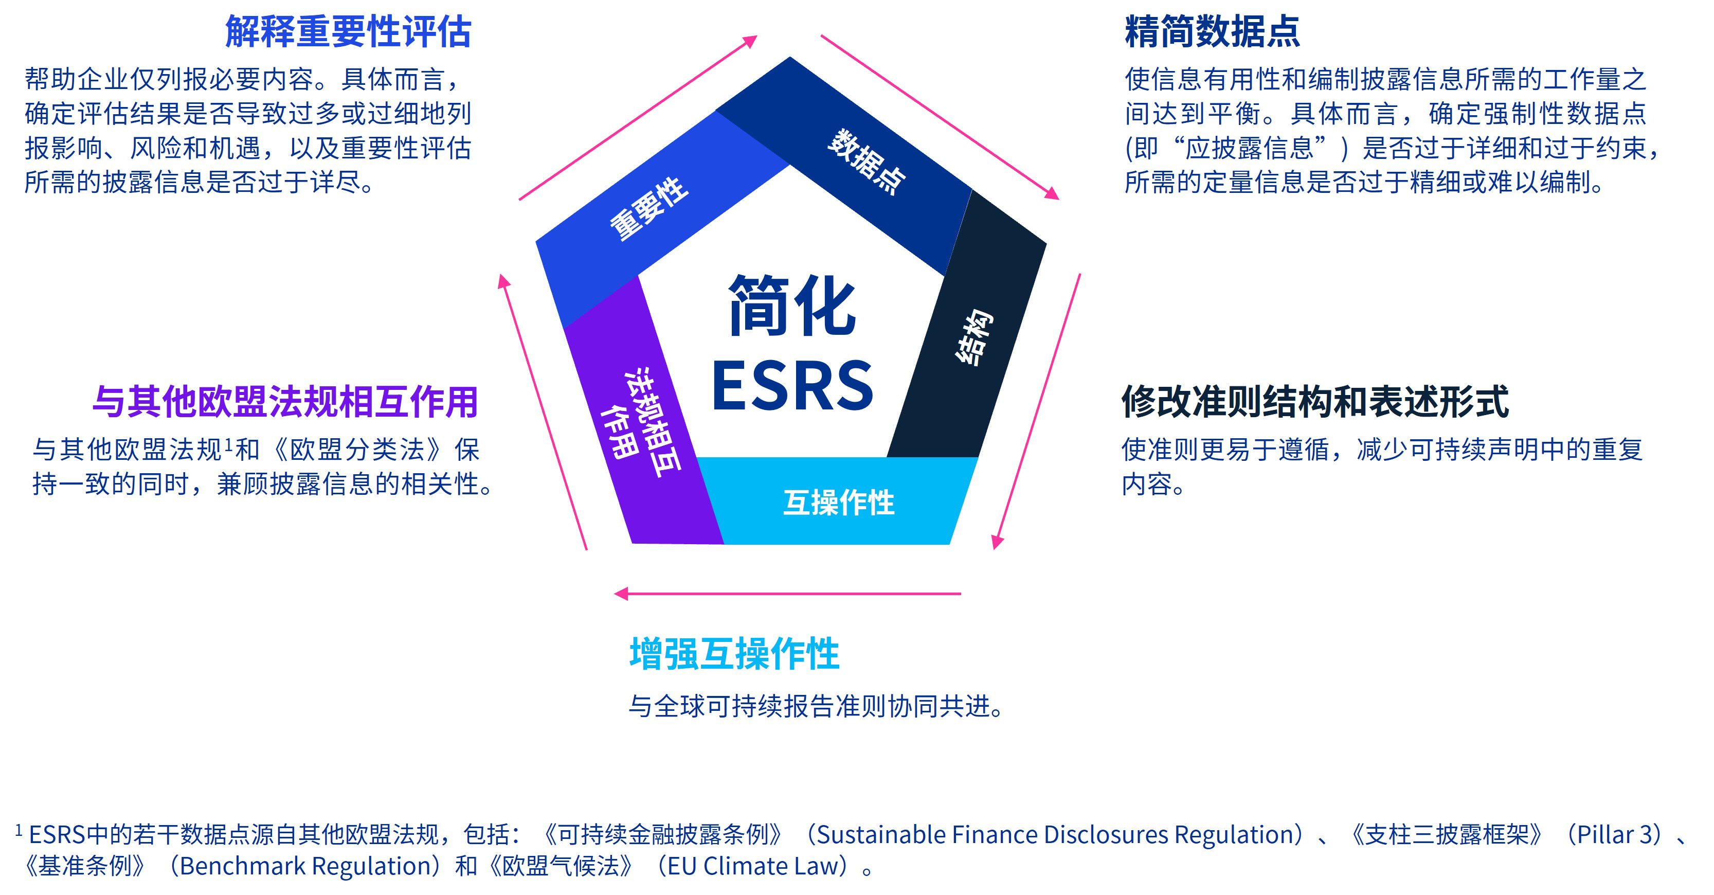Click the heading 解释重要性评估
(348, 31)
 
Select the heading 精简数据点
(1212, 31)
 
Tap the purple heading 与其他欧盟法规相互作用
(285, 402)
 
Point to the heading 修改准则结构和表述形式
(1315, 402)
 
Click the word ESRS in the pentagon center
(792, 385)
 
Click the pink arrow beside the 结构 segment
(1037, 411)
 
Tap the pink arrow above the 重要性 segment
(638, 117)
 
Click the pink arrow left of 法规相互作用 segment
(543, 413)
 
